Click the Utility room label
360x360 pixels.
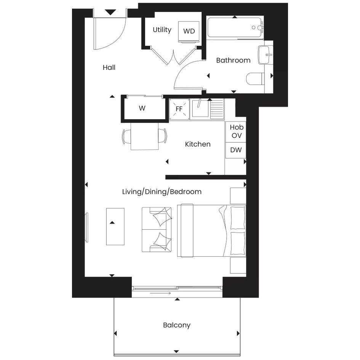[x=162, y=30]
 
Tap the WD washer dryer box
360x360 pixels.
[x=189, y=31]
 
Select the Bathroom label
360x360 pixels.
[x=233, y=60]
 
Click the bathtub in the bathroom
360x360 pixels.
[x=235, y=27]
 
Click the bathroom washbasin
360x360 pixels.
[x=266, y=55]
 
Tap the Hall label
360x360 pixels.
[x=109, y=67]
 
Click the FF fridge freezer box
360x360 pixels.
[x=179, y=109]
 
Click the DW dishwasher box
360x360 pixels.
[x=235, y=150]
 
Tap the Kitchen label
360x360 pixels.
[x=198, y=144]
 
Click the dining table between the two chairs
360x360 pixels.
[x=145, y=136]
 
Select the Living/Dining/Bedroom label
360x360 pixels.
[x=162, y=192]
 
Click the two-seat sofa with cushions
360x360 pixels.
[x=157, y=230]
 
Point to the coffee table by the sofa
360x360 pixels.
[x=115, y=227]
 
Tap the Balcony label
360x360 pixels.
[x=177, y=325]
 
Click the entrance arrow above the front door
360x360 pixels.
[x=110, y=13]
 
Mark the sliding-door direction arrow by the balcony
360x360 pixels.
[x=160, y=293]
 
